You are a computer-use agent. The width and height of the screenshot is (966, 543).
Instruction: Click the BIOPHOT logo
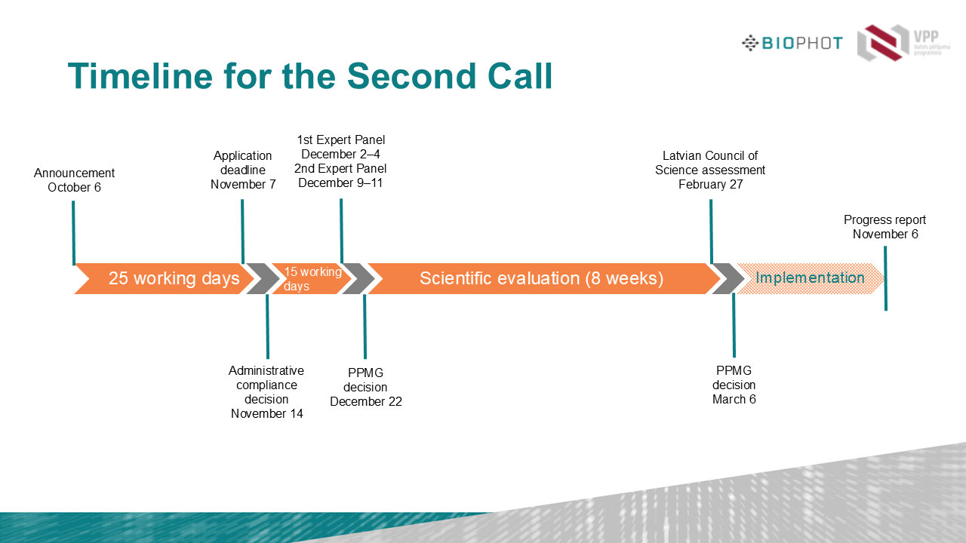(792, 43)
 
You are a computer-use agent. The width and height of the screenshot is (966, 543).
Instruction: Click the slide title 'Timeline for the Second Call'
(310, 76)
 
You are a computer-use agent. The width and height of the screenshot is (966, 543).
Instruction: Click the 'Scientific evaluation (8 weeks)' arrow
(541, 278)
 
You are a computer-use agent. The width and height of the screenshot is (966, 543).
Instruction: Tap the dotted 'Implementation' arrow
(810, 278)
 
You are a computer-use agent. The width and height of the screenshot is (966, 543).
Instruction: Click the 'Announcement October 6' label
(74, 180)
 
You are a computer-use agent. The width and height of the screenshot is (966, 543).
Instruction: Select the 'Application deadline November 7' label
(243, 170)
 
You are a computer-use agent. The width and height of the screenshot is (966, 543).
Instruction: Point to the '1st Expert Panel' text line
(341, 140)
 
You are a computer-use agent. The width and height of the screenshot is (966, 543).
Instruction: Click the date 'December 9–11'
(340, 183)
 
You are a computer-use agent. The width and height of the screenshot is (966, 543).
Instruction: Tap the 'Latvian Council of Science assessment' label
(710, 163)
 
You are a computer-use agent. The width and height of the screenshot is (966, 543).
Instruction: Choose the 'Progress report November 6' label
(885, 227)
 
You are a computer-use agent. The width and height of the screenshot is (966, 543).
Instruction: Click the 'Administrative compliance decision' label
(266, 385)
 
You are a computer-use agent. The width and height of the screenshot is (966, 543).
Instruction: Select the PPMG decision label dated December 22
(366, 387)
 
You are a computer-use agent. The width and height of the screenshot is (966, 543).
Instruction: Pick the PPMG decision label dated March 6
(734, 385)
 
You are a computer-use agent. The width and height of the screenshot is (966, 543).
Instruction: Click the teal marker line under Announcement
(73, 233)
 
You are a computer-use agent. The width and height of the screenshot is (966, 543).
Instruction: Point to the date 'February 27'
(710, 185)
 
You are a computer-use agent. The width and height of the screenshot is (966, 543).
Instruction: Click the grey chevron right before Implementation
(728, 278)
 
